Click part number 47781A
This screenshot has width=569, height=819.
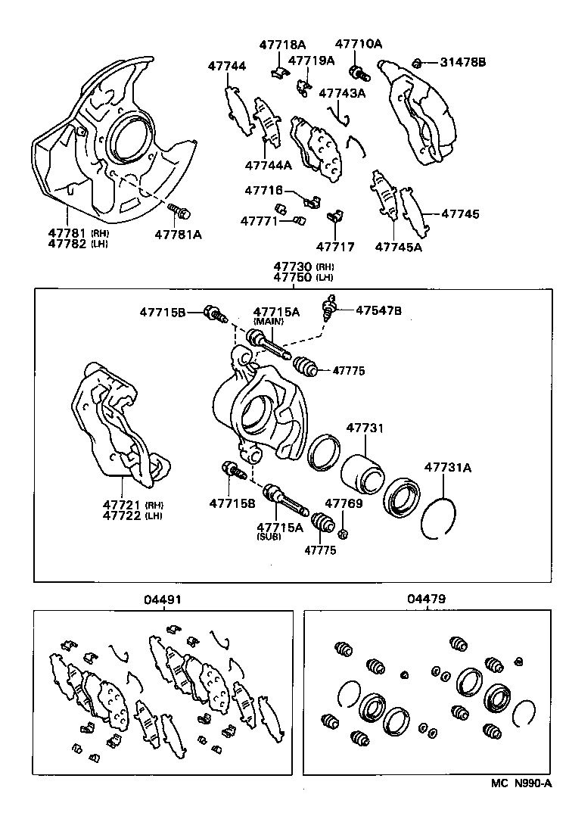(x=179, y=235)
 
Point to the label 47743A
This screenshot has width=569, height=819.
(x=342, y=93)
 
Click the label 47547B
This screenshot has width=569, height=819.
(x=379, y=310)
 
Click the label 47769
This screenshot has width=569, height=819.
(x=344, y=503)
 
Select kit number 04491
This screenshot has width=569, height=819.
(x=163, y=599)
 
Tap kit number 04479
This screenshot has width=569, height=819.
(x=426, y=599)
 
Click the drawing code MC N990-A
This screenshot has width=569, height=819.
(x=521, y=786)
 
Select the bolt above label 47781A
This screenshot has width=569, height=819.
(x=179, y=210)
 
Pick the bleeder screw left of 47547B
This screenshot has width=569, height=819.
(x=328, y=309)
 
